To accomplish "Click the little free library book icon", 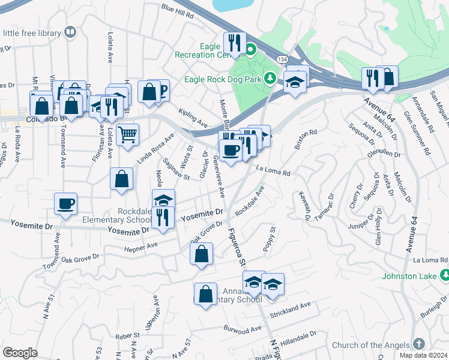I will click(70, 32).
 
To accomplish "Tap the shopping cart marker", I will click(127, 135).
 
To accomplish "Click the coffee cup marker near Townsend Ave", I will click(66, 203).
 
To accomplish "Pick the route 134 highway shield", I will click(282, 59).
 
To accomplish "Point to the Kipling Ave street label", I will click(193, 118).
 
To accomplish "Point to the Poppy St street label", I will click(269, 239).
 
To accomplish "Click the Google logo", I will click(20, 353).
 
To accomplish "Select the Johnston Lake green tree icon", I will click(444, 276).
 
